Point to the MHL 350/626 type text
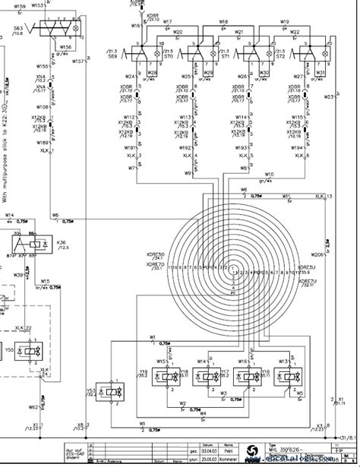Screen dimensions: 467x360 pos(292,447)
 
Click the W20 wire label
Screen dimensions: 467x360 pos(178,32)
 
